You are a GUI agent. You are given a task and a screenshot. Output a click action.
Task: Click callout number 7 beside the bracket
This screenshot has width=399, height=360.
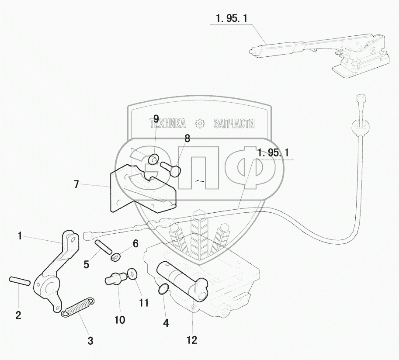coord(76,184)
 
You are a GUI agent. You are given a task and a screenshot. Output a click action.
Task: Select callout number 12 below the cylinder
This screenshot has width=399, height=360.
coord(192,340)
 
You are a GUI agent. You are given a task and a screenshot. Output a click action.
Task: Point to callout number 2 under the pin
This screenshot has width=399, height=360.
coord(18,315)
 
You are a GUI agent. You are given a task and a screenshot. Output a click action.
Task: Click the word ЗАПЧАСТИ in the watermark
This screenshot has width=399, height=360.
coord(234,124)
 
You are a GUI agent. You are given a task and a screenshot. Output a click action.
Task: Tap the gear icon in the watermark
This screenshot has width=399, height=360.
coord(200,124)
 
